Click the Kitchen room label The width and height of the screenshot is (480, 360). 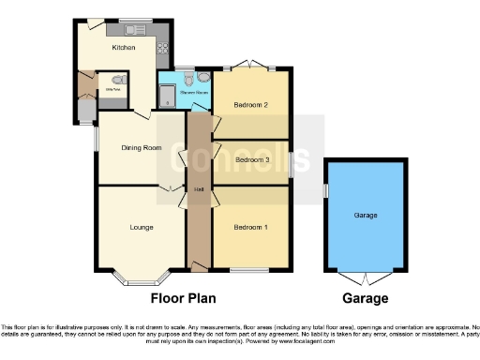click(x=124, y=48)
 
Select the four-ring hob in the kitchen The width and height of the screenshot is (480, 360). click(x=161, y=47)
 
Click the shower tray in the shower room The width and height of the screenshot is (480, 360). click(x=166, y=94)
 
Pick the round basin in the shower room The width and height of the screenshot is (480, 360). click(x=202, y=79)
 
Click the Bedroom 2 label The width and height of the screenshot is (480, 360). click(x=250, y=105)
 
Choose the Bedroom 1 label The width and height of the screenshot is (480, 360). click(x=249, y=228)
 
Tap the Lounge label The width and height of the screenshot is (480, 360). click(x=142, y=227)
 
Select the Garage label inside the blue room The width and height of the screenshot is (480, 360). click(x=366, y=216)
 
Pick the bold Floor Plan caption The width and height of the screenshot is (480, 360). click(x=184, y=299)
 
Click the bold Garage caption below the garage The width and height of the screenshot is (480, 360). click(x=365, y=299)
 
